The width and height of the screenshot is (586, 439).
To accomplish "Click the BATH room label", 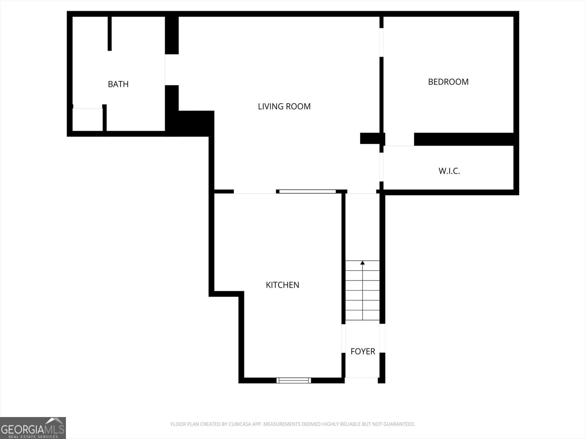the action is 118,84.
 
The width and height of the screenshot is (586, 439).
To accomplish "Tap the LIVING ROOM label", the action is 284,106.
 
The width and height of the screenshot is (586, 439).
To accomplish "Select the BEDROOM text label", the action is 448,82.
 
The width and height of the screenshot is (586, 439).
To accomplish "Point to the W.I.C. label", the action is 449,171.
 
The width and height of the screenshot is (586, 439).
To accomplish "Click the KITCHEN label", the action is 282,285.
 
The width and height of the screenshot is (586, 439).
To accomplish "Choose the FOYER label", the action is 363,351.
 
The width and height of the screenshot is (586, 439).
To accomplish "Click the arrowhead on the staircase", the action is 363,263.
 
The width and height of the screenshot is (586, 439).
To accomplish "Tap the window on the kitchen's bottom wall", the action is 294,380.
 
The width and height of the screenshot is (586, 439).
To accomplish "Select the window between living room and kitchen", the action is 307,191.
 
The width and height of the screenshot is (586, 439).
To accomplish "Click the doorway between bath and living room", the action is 172,70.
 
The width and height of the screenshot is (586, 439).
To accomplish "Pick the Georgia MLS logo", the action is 33,428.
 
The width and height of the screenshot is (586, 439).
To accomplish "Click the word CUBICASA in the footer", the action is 238,424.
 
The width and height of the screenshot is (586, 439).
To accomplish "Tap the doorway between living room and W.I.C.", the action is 382,167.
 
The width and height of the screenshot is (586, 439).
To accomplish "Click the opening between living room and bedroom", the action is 382,42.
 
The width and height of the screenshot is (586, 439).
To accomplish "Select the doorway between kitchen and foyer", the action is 344,338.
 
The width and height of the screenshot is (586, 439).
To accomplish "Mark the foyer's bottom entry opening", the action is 361,380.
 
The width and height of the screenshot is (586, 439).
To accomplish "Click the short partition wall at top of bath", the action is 110,34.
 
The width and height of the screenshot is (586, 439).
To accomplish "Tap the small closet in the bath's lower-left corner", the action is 88,120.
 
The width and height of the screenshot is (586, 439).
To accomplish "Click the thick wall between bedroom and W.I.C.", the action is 464,139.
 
